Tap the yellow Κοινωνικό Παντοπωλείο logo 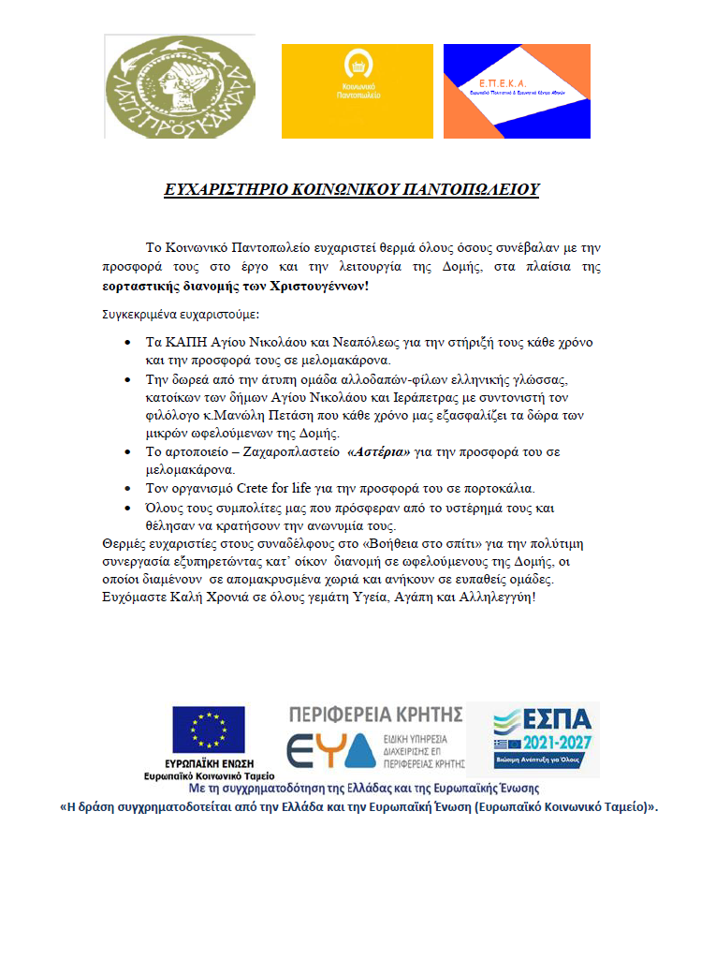tap(357, 90)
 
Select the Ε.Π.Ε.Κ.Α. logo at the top tap(517, 91)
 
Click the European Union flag tap(208, 730)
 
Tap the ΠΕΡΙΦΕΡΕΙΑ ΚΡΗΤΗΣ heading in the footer tap(376, 715)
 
